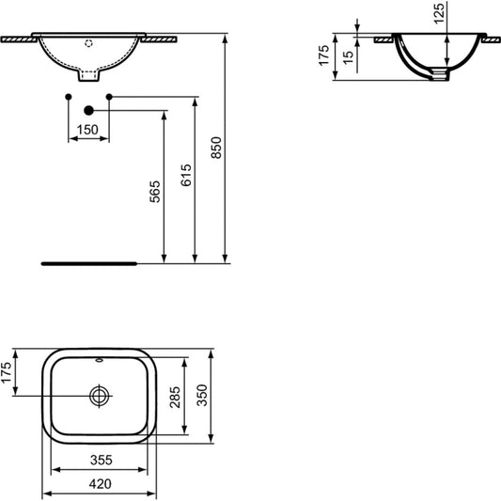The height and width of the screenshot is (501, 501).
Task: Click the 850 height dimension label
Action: [216, 148]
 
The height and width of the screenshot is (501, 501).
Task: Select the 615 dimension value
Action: [186, 175]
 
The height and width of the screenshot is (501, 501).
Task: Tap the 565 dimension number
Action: [155, 192]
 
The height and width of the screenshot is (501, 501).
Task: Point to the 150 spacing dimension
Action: [87, 130]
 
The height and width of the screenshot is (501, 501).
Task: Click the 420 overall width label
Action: [101, 484]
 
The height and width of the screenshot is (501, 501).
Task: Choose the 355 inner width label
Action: [102, 460]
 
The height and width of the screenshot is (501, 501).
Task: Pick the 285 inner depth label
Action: [175, 398]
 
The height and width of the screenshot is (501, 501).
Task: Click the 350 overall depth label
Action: [202, 395]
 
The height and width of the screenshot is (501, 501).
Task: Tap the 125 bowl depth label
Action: [439, 13]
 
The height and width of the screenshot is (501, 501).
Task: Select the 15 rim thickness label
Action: [349, 57]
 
